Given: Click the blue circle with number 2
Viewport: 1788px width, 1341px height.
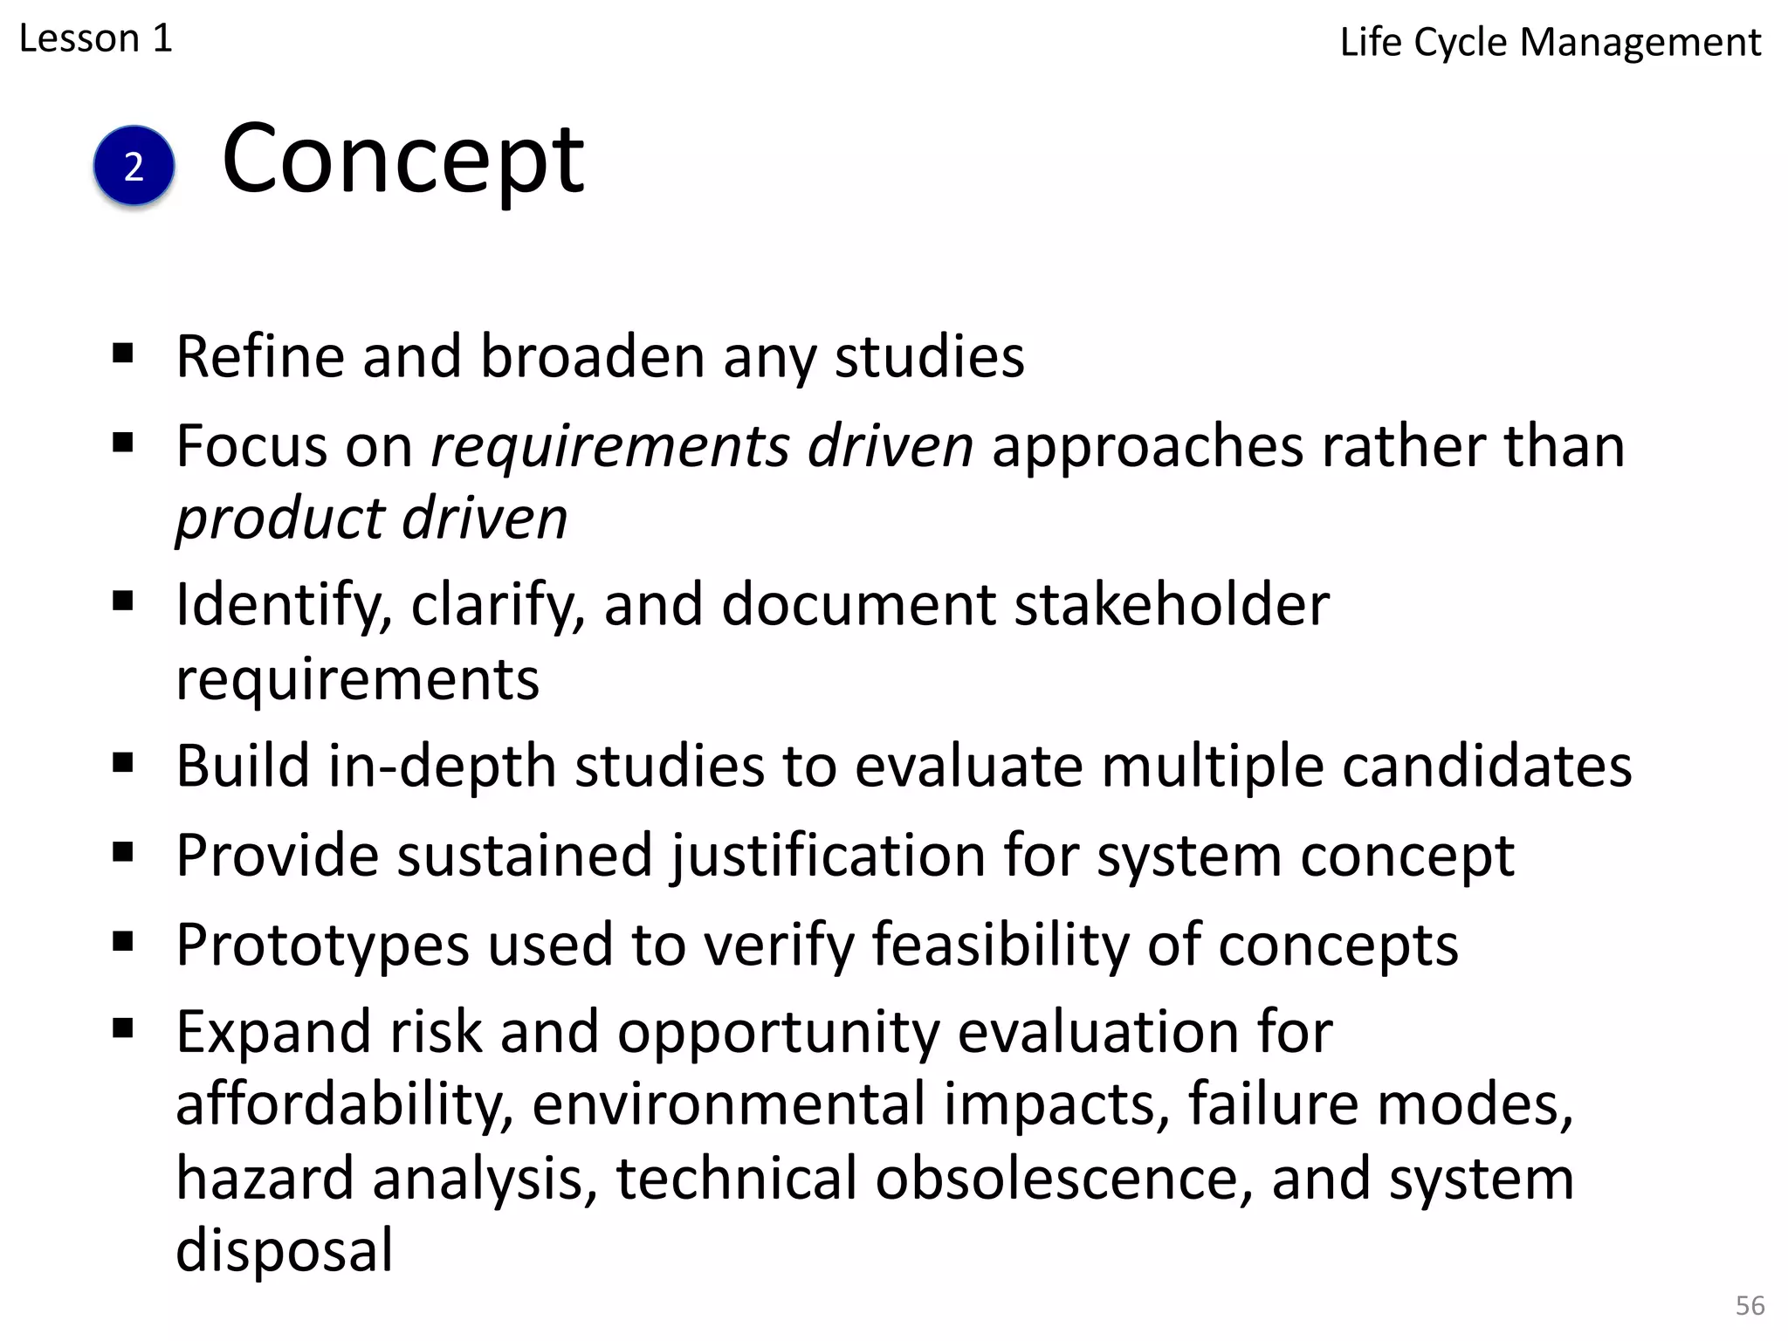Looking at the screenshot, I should tap(134, 166).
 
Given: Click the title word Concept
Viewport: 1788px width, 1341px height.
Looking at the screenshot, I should tap(402, 160).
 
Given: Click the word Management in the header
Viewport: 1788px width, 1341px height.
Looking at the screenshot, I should tap(1640, 43).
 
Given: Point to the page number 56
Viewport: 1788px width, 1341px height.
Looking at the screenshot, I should tap(1750, 1305).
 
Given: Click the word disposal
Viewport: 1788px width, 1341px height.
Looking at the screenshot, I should tap(285, 1250).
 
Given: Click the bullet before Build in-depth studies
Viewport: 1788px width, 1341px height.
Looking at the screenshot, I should tap(123, 763).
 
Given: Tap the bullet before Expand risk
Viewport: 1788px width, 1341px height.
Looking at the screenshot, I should tap(123, 1028).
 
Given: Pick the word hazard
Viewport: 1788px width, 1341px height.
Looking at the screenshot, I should tap(265, 1179).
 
